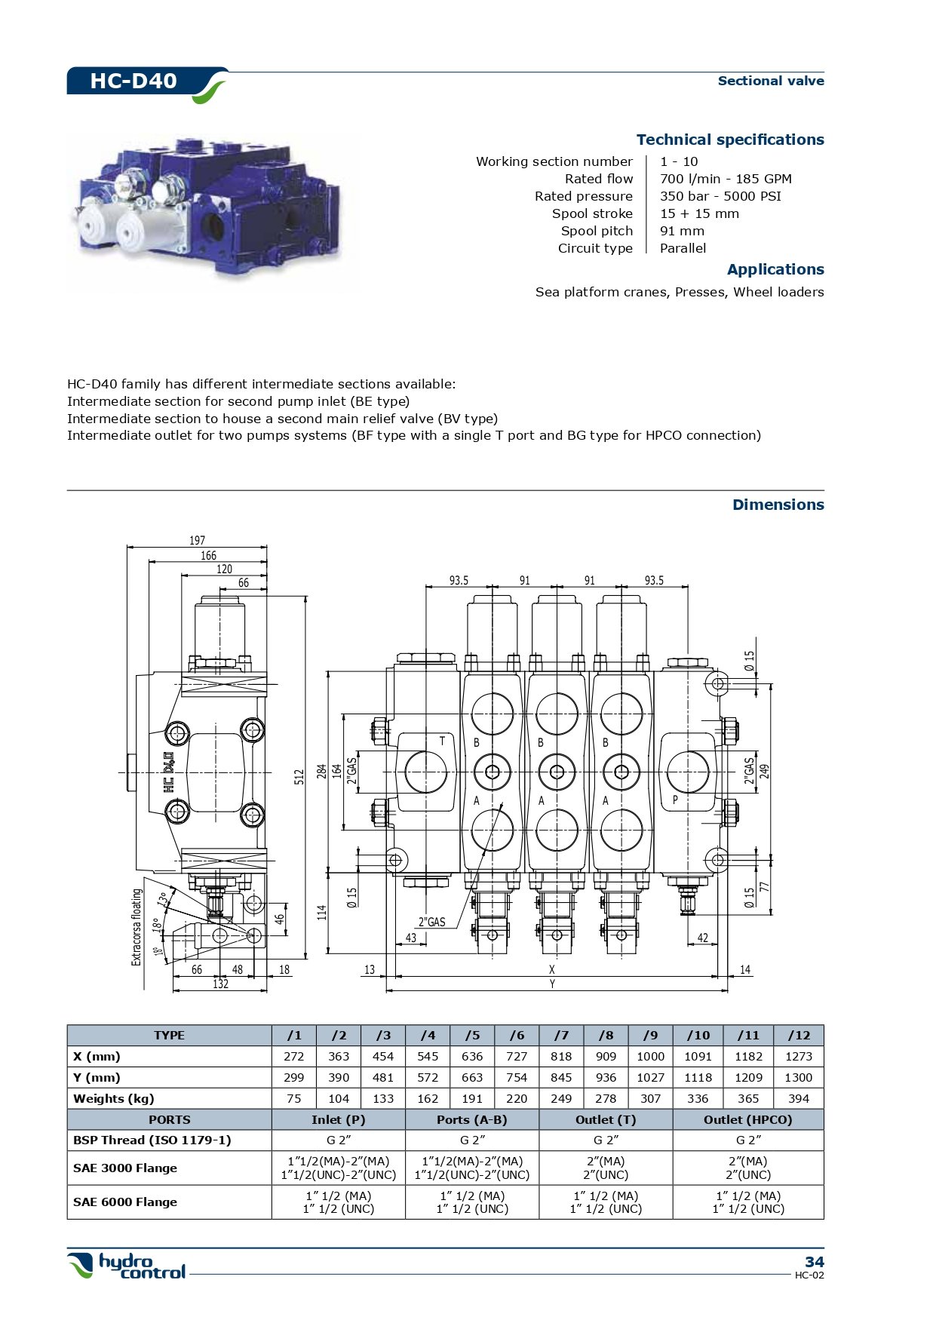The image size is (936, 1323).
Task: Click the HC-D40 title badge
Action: pyautogui.click(x=134, y=81)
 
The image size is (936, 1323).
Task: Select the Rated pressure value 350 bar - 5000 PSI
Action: pyautogui.click(x=720, y=196)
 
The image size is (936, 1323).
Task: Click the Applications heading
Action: pyautogui.click(x=775, y=269)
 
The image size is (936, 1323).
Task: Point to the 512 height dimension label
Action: pyautogui.click(x=299, y=776)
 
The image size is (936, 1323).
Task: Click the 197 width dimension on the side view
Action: pyautogui.click(x=197, y=540)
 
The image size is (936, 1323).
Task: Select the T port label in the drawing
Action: pyautogui.click(x=442, y=741)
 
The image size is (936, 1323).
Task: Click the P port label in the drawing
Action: pyautogui.click(x=675, y=800)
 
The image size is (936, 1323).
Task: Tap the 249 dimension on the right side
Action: pyautogui.click(x=764, y=771)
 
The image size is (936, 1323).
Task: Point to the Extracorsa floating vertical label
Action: pyautogui.click(x=137, y=927)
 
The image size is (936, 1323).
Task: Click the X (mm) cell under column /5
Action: pyautogui.click(x=472, y=1057)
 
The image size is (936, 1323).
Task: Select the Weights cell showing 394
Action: pyautogui.click(x=798, y=1099)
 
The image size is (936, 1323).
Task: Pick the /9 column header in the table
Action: pyautogui.click(x=650, y=1036)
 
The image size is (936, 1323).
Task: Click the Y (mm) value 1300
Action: pyautogui.click(x=798, y=1078)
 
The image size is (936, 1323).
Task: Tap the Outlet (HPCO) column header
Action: pyautogui.click(x=747, y=1119)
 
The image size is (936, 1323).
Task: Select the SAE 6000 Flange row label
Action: pyautogui.click(x=125, y=1202)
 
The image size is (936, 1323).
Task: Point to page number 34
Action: pyautogui.click(x=814, y=1262)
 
